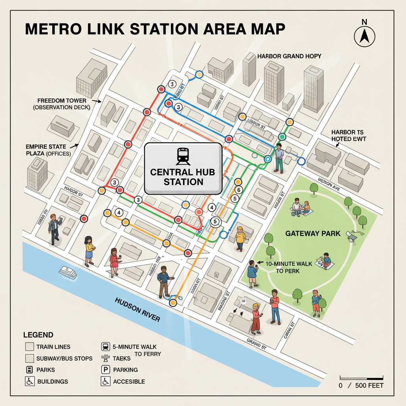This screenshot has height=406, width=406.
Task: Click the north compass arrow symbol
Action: click(364, 36)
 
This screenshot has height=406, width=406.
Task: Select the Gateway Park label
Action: click(313, 233)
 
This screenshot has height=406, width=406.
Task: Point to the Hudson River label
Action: click(137, 309)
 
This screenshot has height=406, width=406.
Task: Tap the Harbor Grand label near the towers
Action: click(289, 56)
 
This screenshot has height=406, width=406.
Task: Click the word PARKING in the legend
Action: click(125, 370)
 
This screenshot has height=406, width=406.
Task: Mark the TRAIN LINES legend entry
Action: click(53, 347)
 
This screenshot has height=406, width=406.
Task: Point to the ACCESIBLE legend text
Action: click(129, 381)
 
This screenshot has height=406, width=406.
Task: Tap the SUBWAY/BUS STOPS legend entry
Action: click(64, 358)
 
